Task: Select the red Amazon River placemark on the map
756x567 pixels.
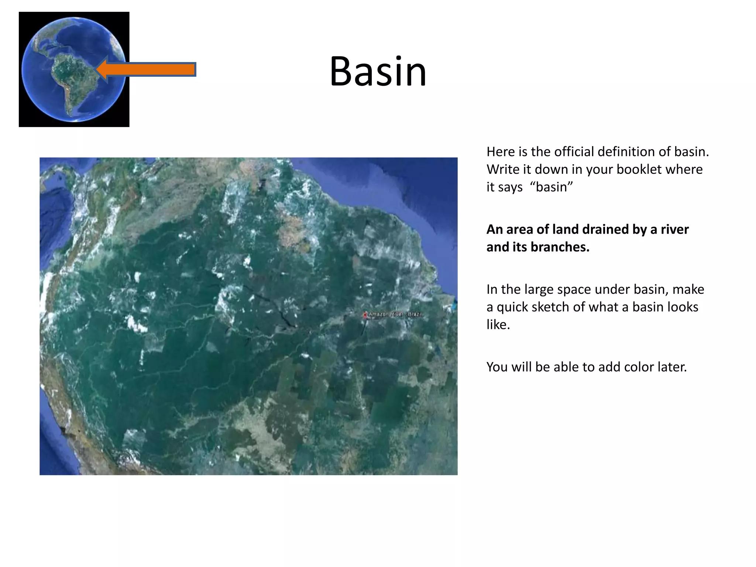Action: pos(365,315)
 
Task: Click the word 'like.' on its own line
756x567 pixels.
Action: pos(498,325)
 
